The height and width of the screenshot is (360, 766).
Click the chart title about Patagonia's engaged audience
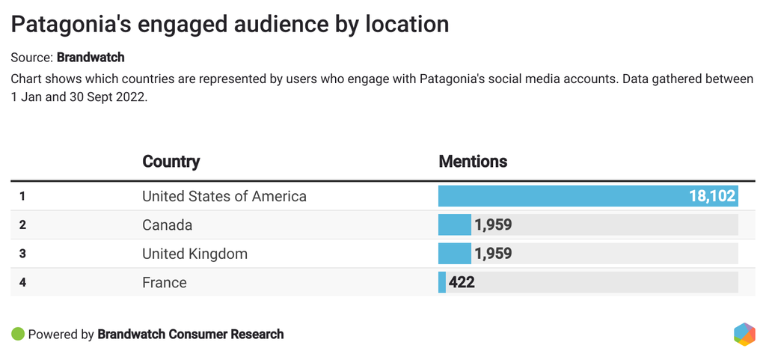pyautogui.click(x=230, y=25)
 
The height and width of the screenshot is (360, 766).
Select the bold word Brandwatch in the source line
pyautogui.click(x=91, y=57)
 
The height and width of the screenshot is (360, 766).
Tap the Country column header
pyautogui.click(x=171, y=162)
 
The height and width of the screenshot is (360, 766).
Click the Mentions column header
pyautogui.click(x=473, y=162)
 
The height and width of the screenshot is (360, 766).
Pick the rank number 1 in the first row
pyautogui.click(x=22, y=197)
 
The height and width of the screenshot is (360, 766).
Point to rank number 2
pyautogui.click(x=22, y=225)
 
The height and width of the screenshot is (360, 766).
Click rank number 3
pyautogui.click(x=22, y=254)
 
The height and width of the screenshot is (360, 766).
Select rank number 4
pyautogui.click(x=22, y=282)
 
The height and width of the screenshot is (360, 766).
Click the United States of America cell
pyautogui.click(x=224, y=197)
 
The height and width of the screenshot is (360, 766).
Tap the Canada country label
pyautogui.click(x=168, y=225)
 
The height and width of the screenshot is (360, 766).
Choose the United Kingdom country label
pyautogui.click(x=194, y=254)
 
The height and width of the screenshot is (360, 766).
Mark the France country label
pyautogui.click(x=165, y=282)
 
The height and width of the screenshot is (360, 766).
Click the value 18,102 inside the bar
pyautogui.click(x=712, y=197)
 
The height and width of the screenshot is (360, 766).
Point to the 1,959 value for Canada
pyautogui.click(x=493, y=225)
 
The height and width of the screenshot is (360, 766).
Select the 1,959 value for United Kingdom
pyautogui.click(x=493, y=254)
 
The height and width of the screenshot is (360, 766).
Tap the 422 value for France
pyautogui.click(x=462, y=282)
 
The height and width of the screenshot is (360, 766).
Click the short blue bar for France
pyautogui.click(x=442, y=282)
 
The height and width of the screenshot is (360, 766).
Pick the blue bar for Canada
pyautogui.click(x=454, y=225)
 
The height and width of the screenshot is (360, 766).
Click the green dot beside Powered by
pyautogui.click(x=18, y=334)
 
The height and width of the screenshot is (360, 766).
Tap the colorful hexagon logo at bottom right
pyautogui.click(x=744, y=334)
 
